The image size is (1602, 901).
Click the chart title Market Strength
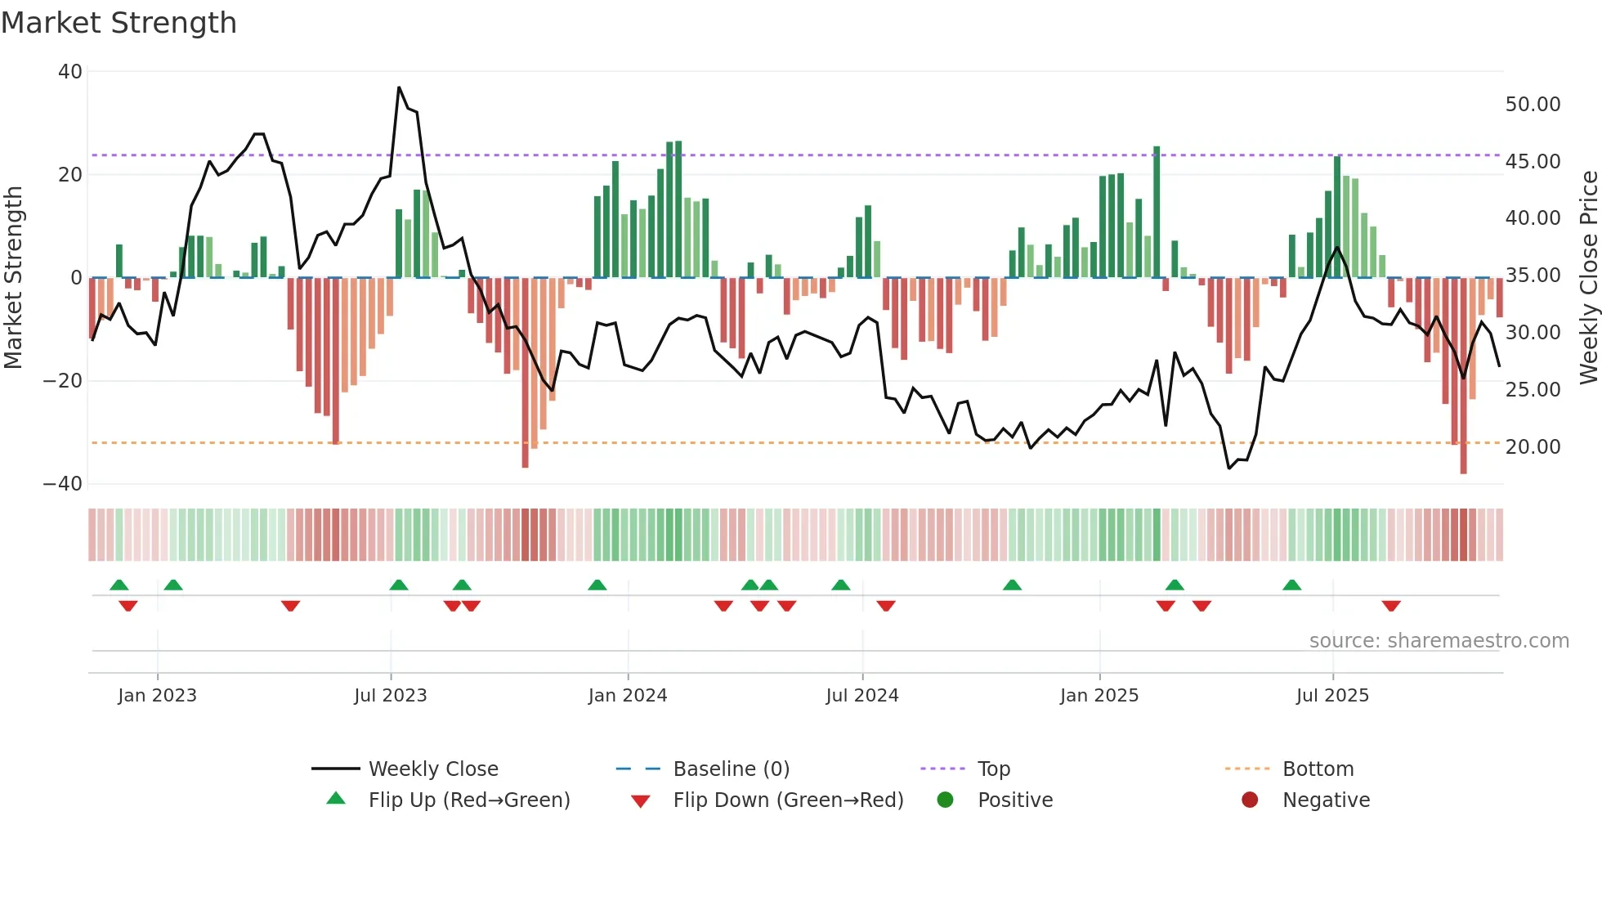tap(119, 23)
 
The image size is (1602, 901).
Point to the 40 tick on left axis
tap(70, 72)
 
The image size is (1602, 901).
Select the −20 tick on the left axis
tap(63, 381)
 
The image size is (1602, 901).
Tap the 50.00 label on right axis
tap(1533, 105)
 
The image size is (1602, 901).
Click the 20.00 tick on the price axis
tap(1533, 447)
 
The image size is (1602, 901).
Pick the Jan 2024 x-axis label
tap(628, 696)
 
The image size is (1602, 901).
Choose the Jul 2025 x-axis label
tap(1332, 696)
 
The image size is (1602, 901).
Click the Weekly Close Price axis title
tap(1588, 277)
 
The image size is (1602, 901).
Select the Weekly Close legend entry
tap(432, 769)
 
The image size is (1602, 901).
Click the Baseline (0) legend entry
tap(731, 769)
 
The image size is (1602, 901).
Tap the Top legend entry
tap(994, 769)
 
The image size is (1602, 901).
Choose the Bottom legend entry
tap(1318, 769)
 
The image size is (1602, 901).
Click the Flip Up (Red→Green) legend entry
tap(468, 800)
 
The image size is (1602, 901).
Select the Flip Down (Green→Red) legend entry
tap(788, 800)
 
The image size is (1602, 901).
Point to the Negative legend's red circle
tap(1250, 800)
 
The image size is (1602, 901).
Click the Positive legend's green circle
tap(946, 800)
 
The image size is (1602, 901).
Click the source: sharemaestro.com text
tap(1439, 641)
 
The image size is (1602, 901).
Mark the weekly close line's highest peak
tap(399, 87)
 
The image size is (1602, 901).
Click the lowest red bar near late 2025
tap(1463, 471)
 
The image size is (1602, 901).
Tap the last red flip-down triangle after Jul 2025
tap(1391, 606)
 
